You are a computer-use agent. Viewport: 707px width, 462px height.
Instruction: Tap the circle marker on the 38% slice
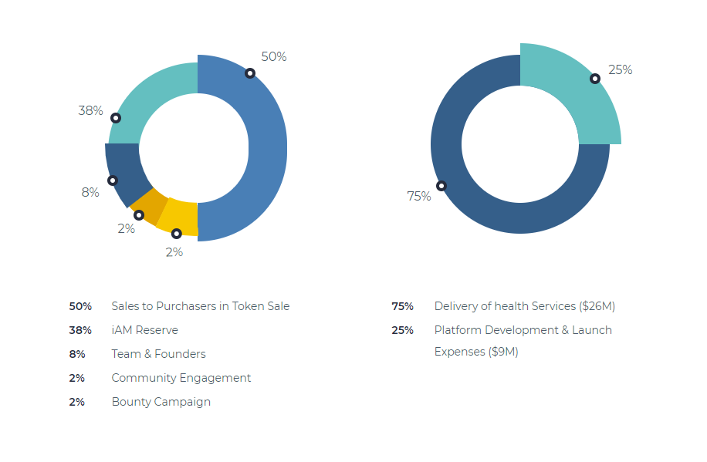(116, 118)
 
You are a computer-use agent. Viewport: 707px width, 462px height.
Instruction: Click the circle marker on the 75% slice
(441, 186)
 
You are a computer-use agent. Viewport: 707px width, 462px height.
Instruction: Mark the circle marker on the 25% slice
(595, 79)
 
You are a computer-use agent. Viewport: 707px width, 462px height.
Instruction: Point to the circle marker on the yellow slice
(176, 233)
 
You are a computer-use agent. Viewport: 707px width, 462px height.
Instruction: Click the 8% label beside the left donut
(90, 192)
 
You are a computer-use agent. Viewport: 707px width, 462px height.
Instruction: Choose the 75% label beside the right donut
(418, 197)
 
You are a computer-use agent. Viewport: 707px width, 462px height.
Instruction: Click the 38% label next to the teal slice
(90, 111)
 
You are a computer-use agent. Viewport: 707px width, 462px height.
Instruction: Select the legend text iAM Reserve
(144, 330)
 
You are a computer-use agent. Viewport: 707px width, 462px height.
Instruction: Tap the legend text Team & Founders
(158, 354)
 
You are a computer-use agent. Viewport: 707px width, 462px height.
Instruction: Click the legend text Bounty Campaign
(161, 402)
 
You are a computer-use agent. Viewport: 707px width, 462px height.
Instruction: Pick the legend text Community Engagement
(181, 378)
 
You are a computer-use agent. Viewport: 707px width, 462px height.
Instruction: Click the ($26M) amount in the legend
(597, 306)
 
